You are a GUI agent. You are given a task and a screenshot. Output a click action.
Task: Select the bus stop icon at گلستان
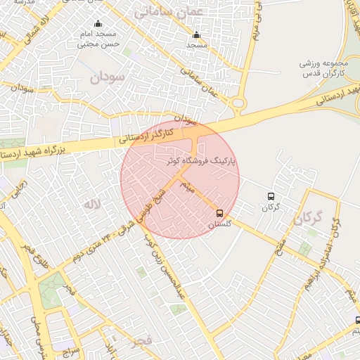pyautogui.click(x=220, y=213)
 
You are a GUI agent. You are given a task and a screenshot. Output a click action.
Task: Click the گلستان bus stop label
pyautogui.click(x=220, y=225)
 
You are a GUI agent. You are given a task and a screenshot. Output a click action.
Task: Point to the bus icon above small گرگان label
pyautogui.click(x=271, y=197)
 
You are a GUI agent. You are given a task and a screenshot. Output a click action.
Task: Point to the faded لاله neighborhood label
pyautogui.click(x=92, y=204)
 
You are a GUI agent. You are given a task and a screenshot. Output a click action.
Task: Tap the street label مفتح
pyautogui.click(x=280, y=246)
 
